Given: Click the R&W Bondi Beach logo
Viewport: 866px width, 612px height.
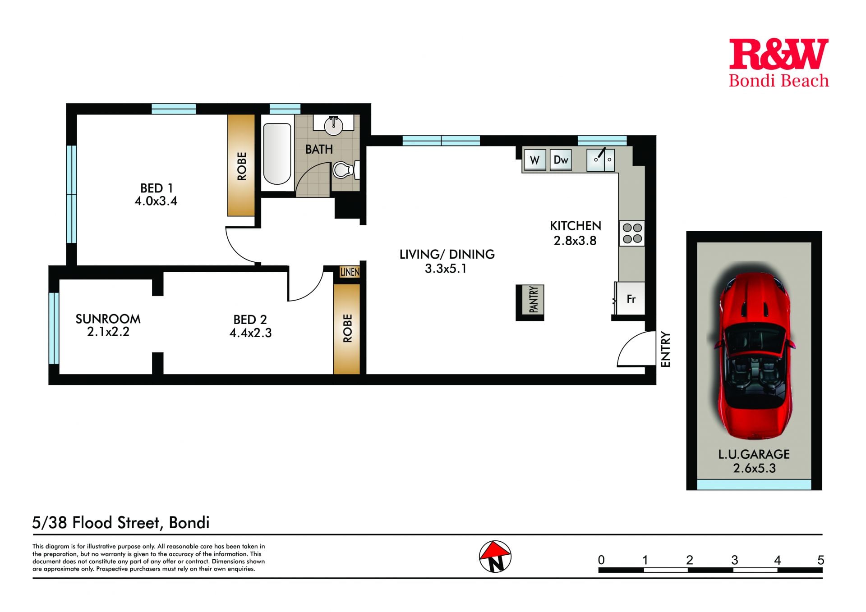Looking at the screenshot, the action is click(x=779, y=63).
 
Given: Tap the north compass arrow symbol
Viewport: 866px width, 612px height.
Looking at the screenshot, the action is click(x=495, y=556).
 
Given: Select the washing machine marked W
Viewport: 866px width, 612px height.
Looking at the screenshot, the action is click(x=535, y=160).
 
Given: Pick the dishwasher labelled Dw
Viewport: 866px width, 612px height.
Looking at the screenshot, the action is click(x=561, y=160).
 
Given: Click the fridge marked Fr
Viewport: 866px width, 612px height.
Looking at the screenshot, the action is click(x=630, y=298).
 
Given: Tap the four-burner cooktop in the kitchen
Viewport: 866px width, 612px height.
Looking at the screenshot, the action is click(x=632, y=233).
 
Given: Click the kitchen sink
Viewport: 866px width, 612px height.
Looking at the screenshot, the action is click(x=600, y=160).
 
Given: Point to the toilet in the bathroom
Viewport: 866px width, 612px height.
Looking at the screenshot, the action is click(x=346, y=170).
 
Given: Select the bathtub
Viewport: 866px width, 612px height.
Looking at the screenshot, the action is click(x=277, y=154).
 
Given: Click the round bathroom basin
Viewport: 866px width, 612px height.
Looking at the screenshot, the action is click(x=334, y=125).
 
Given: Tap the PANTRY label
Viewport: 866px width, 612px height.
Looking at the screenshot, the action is click(x=533, y=299).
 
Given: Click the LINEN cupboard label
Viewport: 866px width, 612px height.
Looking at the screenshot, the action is click(x=350, y=272).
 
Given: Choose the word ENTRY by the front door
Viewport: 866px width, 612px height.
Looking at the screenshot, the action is click(x=666, y=349).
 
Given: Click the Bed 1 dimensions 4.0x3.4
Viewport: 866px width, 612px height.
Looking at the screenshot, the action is click(x=156, y=201).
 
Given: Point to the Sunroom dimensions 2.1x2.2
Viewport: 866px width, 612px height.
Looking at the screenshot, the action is click(x=108, y=332).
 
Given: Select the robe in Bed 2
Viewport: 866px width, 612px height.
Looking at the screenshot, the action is click(x=347, y=329).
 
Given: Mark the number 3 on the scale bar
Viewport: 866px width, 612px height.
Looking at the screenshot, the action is click(x=734, y=560).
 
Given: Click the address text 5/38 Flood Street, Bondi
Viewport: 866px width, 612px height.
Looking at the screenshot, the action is click(x=121, y=523).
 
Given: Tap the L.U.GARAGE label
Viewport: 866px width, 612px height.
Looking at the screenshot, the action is click(x=754, y=454).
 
